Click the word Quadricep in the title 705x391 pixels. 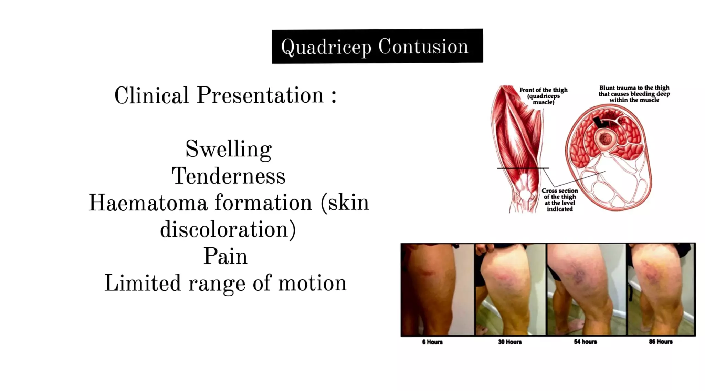(326, 47)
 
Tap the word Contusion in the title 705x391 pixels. (423, 46)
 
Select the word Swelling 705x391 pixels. (229, 149)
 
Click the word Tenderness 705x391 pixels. (229, 176)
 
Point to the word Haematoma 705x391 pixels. (148, 203)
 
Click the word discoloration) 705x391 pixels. (228, 229)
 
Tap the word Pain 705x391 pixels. (225, 256)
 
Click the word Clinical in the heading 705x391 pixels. (151, 95)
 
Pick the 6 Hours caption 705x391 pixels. (432, 342)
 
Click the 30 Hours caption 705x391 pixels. (510, 342)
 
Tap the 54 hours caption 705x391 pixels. (585, 342)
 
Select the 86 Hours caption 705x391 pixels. (661, 342)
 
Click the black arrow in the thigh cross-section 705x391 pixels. (600, 122)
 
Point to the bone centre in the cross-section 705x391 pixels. (605, 139)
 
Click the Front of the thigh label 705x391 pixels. (543, 96)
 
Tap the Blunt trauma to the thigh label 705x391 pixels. (634, 94)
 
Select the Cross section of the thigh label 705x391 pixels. (560, 199)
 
